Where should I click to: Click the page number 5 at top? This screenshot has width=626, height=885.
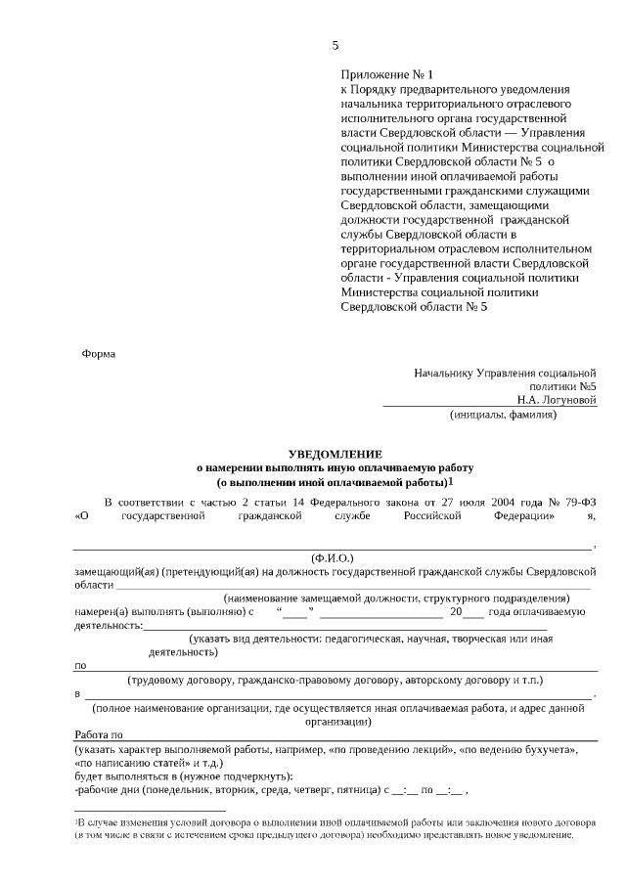[335, 45]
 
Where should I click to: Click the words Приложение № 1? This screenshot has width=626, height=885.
[385, 74]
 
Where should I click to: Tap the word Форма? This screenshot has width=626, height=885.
[99, 354]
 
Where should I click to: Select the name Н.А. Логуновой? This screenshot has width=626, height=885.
[557, 399]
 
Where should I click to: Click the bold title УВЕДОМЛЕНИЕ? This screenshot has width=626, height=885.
[335, 455]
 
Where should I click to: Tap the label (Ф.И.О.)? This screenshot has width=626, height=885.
[332, 555]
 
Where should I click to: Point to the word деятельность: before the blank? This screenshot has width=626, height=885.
[108, 626]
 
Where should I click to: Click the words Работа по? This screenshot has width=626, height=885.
[98, 734]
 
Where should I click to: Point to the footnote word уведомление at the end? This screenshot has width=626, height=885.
[545, 836]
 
